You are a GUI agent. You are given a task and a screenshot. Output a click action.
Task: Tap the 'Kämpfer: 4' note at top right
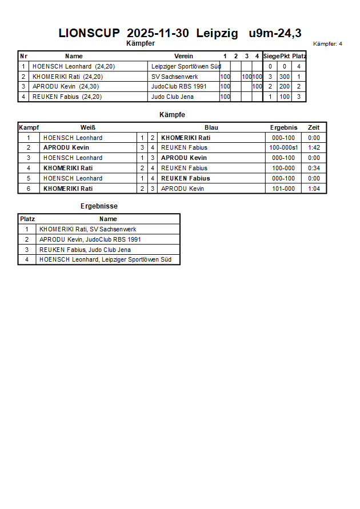click(327, 44)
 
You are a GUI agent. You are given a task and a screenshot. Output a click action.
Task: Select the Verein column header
click(183, 56)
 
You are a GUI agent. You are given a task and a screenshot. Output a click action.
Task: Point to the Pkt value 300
click(284, 77)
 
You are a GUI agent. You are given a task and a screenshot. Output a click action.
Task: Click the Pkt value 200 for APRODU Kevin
click(284, 87)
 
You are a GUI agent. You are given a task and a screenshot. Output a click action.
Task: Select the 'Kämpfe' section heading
click(172, 115)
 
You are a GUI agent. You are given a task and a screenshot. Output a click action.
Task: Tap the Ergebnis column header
click(283, 127)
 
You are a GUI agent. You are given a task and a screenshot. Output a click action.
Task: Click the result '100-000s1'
click(283, 148)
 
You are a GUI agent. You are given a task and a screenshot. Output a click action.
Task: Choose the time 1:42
click(314, 148)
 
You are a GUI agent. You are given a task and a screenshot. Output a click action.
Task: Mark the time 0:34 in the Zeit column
click(314, 168)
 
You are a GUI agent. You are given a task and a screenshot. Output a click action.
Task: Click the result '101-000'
click(283, 189)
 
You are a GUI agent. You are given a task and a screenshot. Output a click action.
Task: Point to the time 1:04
click(314, 189)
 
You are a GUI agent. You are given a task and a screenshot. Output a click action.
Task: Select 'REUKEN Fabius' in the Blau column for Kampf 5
click(185, 178)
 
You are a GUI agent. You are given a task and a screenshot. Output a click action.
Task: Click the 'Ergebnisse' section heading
click(99, 206)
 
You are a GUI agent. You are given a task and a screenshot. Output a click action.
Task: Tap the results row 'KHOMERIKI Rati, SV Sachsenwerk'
click(87, 229)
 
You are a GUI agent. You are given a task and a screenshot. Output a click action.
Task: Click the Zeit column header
click(314, 127)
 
